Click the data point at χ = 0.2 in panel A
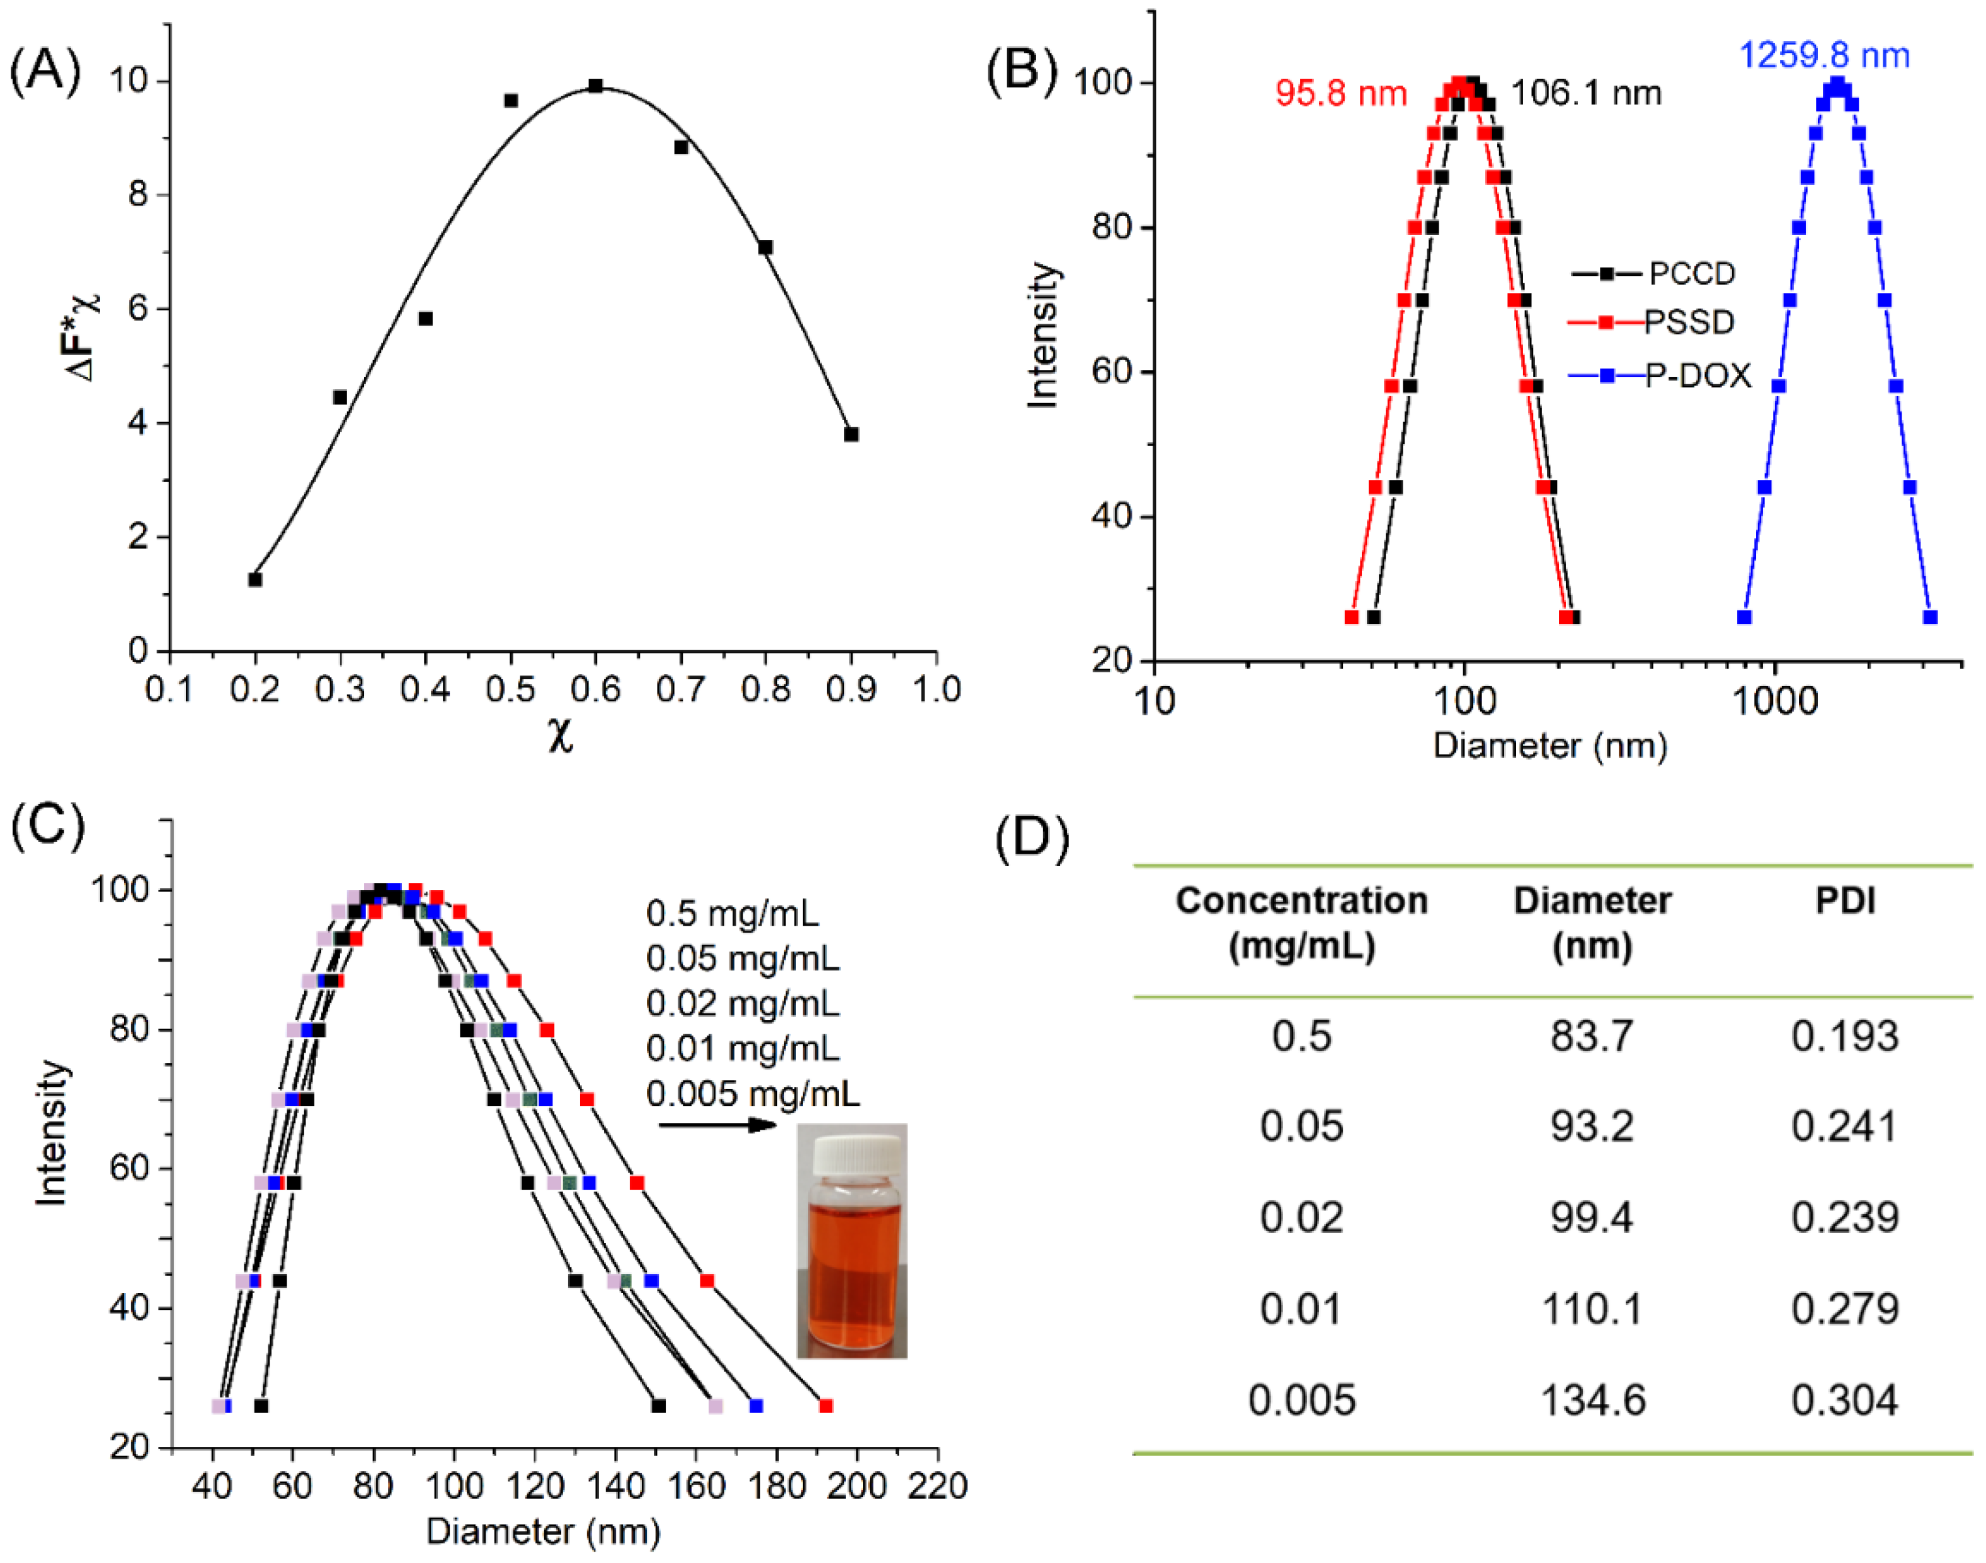click(x=255, y=579)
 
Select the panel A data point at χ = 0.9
click(x=851, y=434)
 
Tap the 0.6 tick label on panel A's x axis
click(x=595, y=689)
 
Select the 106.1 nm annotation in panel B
click(x=1585, y=93)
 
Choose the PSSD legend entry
click(x=1689, y=322)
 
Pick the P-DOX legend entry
click(x=1698, y=375)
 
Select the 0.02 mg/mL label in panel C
click(x=742, y=1004)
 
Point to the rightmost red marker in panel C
click(x=826, y=1406)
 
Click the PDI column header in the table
click(x=1844, y=901)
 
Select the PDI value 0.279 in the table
click(x=1844, y=1309)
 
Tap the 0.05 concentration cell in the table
click(x=1301, y=1127)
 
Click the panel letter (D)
click(x=1032, y=838)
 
